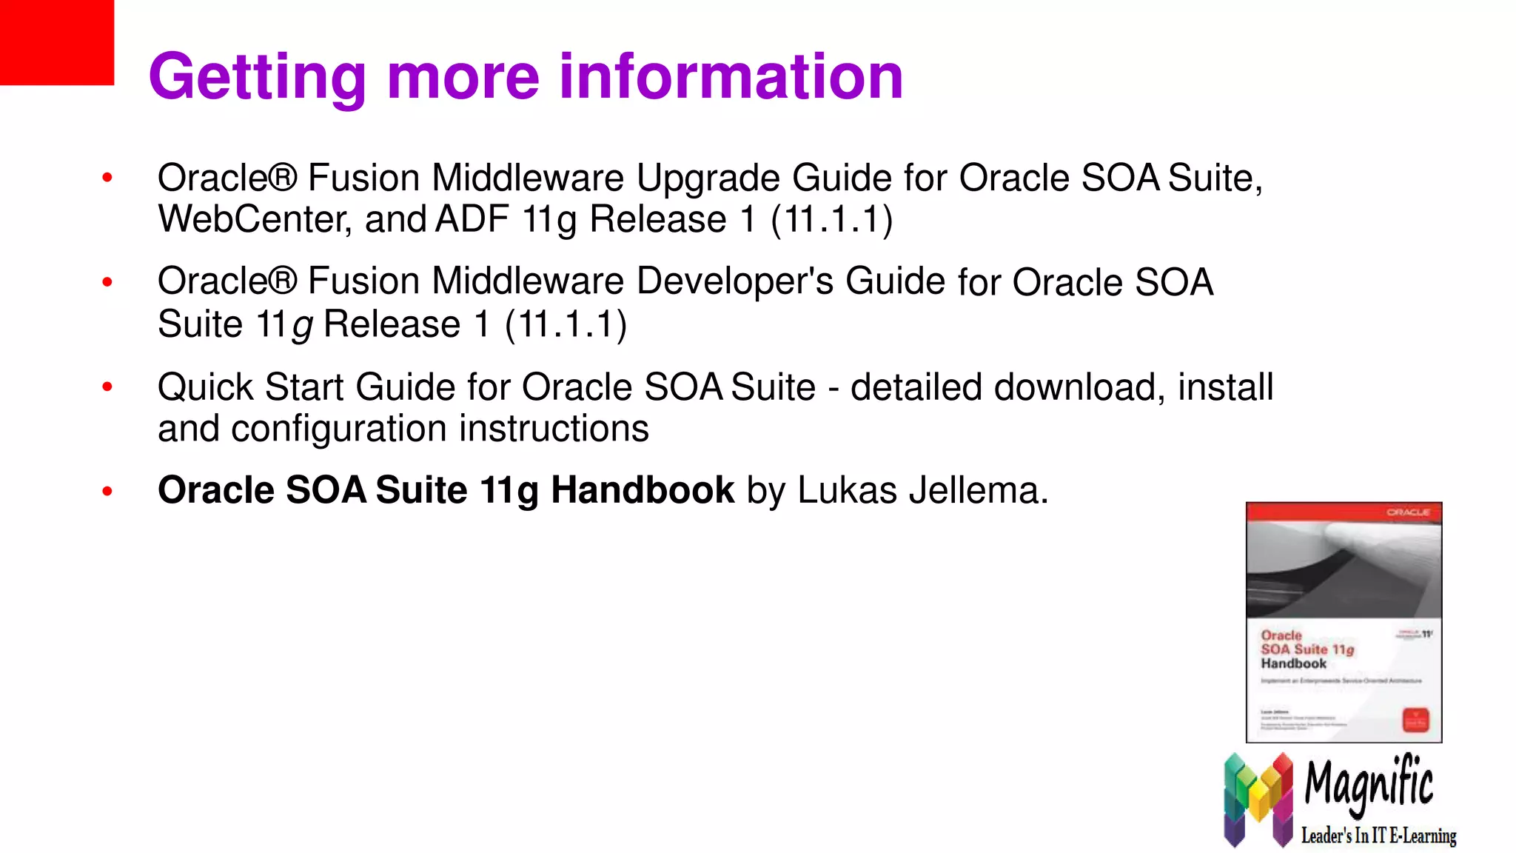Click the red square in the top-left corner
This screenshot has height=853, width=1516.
point(56,41)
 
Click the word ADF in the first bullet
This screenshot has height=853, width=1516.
point(472,220)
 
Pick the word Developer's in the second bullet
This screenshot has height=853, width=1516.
point(735,282)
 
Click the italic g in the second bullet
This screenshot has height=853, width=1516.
point(302,326)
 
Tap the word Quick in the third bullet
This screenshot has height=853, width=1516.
point(205,387)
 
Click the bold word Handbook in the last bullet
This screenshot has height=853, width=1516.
point(642,490)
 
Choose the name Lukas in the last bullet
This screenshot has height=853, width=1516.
point(847,490)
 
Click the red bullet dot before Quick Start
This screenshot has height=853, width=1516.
point(107,387)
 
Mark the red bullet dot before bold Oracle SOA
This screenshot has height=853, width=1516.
point(107,491)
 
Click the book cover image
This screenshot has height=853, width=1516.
point(1344,622)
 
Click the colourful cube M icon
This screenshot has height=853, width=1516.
point(1258,799)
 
